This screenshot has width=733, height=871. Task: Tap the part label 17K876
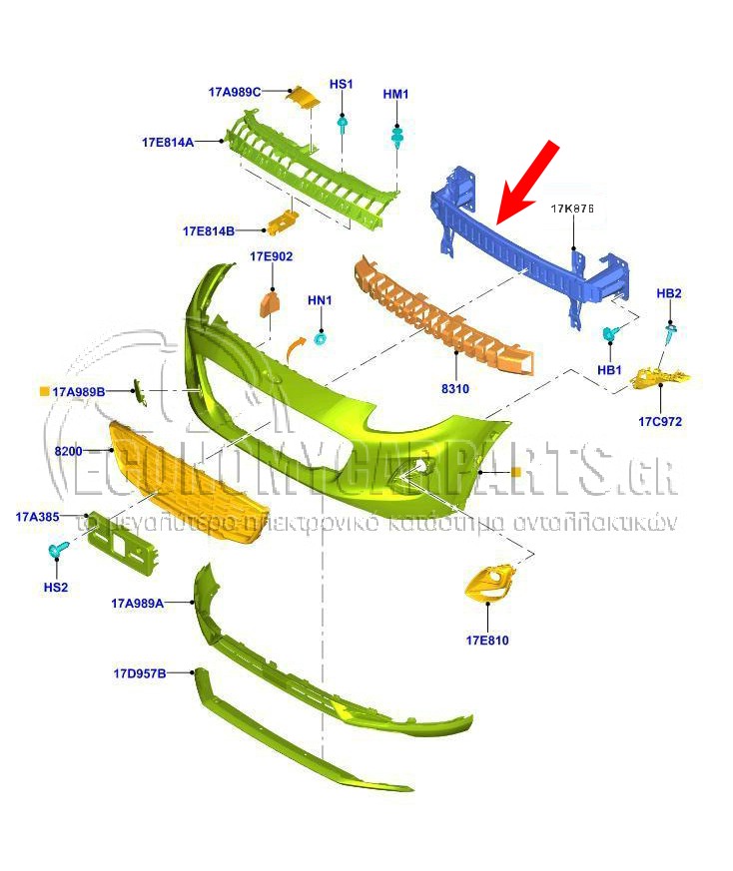coord(572,210)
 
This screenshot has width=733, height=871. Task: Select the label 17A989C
coord(234,92)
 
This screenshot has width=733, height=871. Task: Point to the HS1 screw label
coord(342,85)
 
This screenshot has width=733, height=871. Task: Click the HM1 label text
coord(396,95)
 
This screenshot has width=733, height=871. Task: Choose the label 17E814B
coord(208,230)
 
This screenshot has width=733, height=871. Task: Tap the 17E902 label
coord(272,256)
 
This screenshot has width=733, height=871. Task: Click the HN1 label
coord(320,299)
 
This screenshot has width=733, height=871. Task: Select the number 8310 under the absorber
coord(455,388)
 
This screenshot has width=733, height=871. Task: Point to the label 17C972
coord(660,421)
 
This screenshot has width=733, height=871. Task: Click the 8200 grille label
coord(69,451)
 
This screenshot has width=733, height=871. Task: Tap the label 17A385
coord(39,517)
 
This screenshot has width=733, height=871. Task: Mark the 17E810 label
coord(486,640)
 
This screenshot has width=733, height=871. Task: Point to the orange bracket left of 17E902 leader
coord(270,302)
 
